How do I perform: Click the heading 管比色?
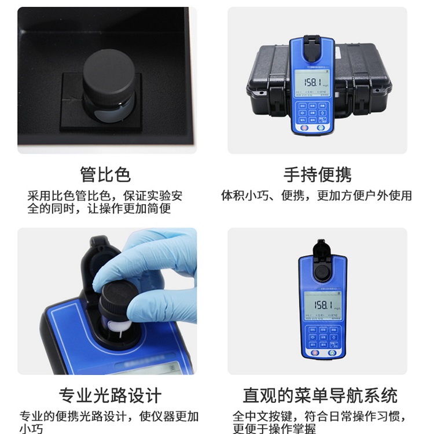click(x=105, y=174)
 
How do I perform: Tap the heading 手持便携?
click(x=317, y=174)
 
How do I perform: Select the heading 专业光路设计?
click(x=110, y=396)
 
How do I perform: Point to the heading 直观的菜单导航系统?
click(x=320, y=396)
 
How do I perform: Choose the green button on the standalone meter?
click(x=332, y=352)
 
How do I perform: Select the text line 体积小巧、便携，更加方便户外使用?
click(x=317, y=196)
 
